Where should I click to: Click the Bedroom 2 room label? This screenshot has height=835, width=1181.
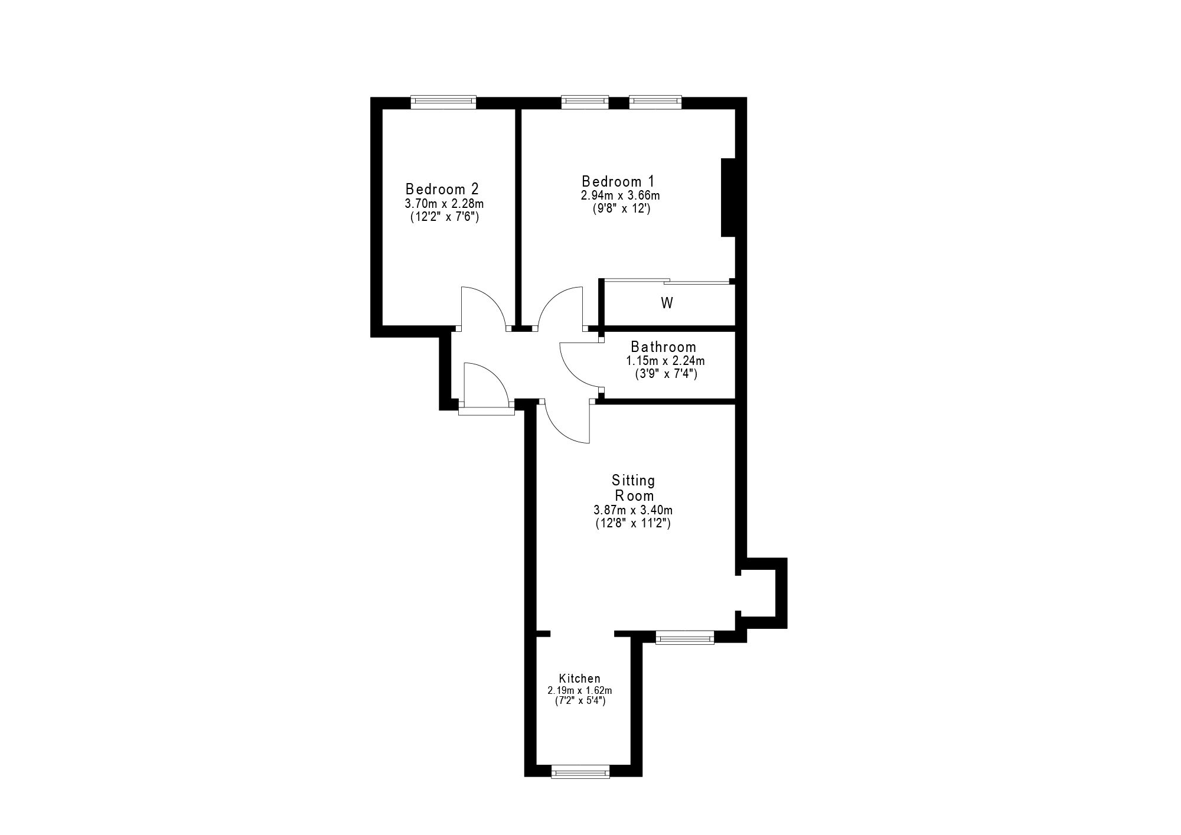(442, 189)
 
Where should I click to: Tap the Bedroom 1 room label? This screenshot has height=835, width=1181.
(618, 181)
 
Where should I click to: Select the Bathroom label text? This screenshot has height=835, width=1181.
(663, 347)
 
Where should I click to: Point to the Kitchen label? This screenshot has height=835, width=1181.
(580, 679)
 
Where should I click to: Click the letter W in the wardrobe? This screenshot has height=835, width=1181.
(667, 304)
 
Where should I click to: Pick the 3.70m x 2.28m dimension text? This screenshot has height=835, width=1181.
(444, 204)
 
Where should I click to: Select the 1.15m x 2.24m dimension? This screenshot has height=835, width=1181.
(665, 361)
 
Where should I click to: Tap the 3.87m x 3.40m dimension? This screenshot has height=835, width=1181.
(634, 510)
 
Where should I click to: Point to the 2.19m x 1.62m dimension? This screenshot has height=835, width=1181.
(580, 690)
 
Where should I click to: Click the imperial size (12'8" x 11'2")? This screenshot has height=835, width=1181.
(634, 523)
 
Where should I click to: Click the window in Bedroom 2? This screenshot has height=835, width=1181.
(443, 102)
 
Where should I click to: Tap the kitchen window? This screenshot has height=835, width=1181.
(580, 771)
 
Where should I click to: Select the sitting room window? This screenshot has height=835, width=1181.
(685, 637)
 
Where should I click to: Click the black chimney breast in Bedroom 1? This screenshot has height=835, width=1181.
(728, 197)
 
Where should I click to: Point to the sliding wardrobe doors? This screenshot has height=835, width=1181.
(667, 282)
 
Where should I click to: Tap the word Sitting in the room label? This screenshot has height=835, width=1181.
(633, 481)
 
